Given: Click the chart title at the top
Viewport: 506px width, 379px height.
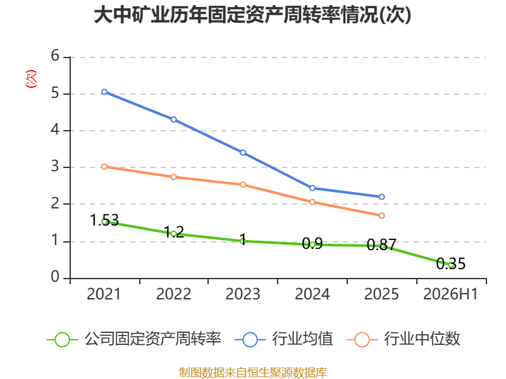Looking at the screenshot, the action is tap(252, 15).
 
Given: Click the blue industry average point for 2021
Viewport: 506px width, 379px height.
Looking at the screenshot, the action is tap(104, 92).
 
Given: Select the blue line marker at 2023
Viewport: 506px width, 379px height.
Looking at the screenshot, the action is tap(243, 152).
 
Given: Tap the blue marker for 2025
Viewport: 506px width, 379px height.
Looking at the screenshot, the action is tap(381, 196).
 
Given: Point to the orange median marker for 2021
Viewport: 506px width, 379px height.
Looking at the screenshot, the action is tap(104, 167).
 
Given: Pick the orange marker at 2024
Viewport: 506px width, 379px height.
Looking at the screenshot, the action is tap(312, 202).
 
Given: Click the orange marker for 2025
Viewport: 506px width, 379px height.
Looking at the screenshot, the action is tap(381, 215).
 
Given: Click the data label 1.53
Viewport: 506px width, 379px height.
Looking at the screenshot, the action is tap(104, 220).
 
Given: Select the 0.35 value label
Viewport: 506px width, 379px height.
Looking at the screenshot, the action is tap(451, 263).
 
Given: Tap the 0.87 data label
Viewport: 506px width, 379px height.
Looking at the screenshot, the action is tap(381, 245).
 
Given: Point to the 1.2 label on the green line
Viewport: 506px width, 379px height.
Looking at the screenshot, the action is tap(173, 232).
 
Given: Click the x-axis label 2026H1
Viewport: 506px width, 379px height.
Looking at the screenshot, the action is tap(450, 294).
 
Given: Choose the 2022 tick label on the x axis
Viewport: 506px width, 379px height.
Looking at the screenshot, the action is tap(173, 294).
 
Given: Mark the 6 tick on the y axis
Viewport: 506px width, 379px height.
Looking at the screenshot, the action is tap(55, 56).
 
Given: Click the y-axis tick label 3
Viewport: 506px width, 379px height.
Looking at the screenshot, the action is tap(55, 167).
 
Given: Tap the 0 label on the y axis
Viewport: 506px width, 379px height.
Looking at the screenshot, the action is tap(55, 277).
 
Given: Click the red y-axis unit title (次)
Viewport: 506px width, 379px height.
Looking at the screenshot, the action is tap(31, 79).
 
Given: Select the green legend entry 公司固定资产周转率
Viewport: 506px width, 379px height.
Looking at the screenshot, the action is tap(134, 339).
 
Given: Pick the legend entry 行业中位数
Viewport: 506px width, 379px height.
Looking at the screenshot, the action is tap(404, 339).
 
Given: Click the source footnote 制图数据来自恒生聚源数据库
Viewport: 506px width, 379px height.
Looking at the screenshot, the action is tap(252, 373).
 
